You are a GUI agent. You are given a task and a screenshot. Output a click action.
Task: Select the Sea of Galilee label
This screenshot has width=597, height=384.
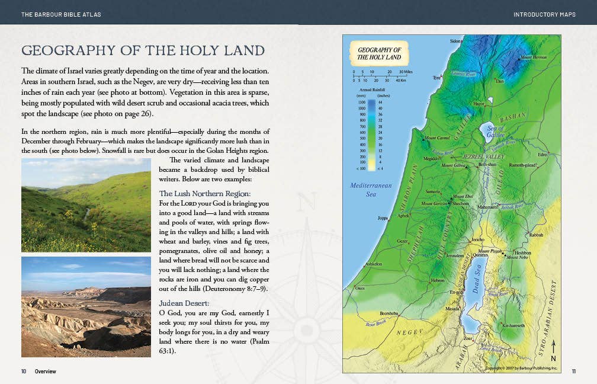point(495,132)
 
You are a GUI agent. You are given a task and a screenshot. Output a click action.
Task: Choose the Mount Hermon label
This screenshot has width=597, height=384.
point(533,57)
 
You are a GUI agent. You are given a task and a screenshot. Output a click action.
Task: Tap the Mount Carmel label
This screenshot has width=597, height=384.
point(437,138)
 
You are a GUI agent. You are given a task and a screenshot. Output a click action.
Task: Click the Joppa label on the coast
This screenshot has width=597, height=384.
point(383,218)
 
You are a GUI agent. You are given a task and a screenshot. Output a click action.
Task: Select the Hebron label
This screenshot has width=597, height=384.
point(437,280)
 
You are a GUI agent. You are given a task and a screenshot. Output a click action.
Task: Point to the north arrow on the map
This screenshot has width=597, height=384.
point(553,350)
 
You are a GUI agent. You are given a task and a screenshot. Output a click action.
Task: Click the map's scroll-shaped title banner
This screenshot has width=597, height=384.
point(379,54)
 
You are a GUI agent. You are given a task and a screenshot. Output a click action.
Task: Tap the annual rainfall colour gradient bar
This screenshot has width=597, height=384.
point(371,135)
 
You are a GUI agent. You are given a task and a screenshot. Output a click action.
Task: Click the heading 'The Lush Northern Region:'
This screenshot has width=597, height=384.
point(205,194)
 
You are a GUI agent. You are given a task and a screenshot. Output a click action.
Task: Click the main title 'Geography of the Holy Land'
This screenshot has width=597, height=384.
point(143,50)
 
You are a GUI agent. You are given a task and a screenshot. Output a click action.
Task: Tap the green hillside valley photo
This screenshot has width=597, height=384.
point(86,205)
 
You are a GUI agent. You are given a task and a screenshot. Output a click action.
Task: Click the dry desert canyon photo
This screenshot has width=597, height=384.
point(86,306)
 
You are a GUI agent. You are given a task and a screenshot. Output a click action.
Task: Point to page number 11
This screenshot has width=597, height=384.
point(573,372)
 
